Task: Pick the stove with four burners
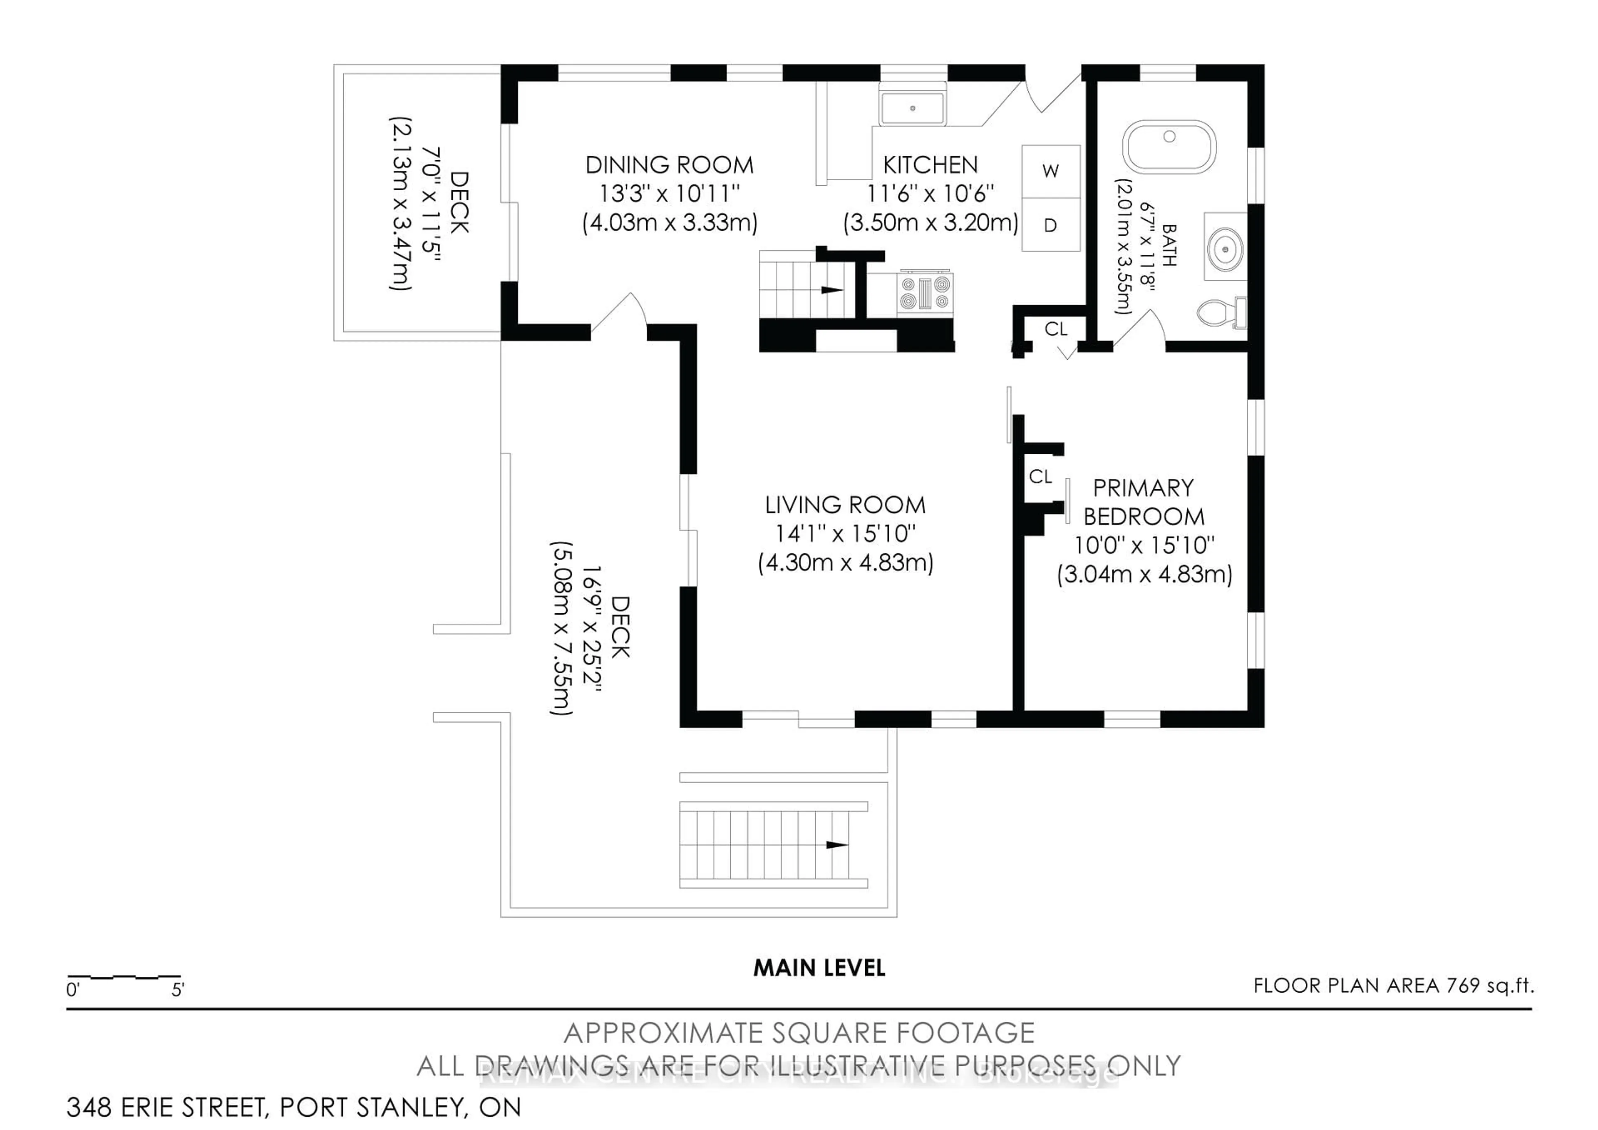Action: click(924, 292)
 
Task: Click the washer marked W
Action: click(1050, 171)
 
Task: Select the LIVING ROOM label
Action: click(845, 505)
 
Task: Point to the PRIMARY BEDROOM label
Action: click(1144, 502)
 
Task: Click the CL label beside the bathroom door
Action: click(1056, 329)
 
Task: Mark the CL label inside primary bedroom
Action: click(1040, 477)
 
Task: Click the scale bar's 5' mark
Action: click(177, 989)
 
